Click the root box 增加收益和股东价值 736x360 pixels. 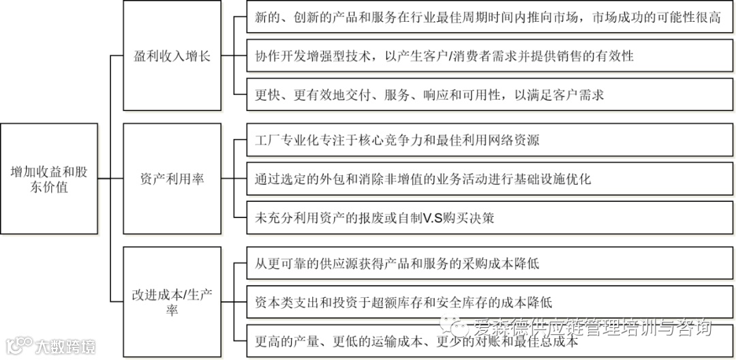48,179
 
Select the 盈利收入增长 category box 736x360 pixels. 172,56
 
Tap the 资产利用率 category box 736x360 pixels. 172,179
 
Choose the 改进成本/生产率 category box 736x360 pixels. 172,302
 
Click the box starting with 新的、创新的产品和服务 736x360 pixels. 482,17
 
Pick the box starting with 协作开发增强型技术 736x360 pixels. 482,56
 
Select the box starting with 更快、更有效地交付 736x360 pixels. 482,95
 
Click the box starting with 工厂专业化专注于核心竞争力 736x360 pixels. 482,140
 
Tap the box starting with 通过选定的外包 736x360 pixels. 482,179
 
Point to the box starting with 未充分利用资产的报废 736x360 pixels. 482,218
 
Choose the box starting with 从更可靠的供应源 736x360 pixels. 482,263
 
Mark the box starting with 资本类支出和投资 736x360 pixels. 482,302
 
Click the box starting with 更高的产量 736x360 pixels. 482,341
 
